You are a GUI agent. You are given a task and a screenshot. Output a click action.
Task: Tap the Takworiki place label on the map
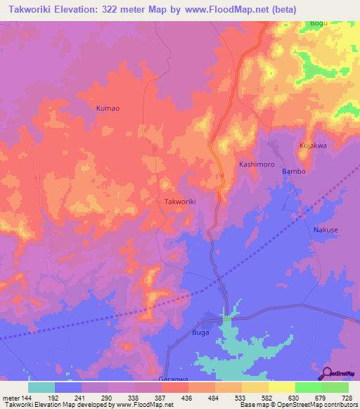click(x=179, y=202)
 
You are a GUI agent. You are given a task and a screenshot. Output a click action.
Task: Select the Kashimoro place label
click(x=255, y=164)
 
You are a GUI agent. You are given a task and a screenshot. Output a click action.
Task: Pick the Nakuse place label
click(x=326, y=230)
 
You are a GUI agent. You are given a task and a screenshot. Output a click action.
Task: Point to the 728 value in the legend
click(x=348, y=397)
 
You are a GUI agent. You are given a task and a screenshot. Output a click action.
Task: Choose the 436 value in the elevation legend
click(x=188, y=397)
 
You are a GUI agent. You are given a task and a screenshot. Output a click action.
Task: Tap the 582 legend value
click(x=267, y=397)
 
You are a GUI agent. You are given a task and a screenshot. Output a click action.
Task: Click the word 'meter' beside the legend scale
click(x=11, y=397)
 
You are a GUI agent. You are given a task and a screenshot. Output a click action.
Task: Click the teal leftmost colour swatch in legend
click(x=41, y=387)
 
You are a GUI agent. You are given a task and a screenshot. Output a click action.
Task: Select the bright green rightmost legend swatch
click(x=335, y=387)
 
